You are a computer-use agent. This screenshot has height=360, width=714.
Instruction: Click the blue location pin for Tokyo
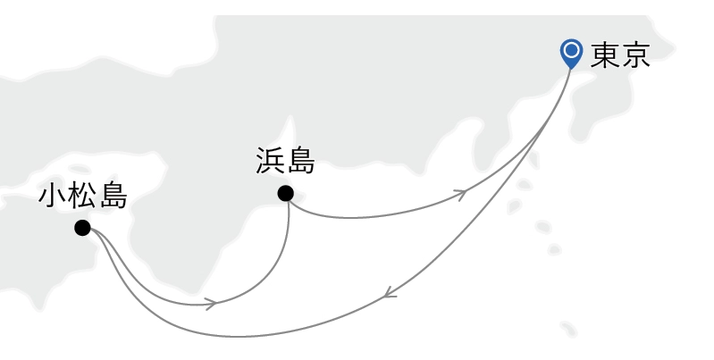click(x=572, y=54)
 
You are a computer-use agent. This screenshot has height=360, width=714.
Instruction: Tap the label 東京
click(x=620, y=55)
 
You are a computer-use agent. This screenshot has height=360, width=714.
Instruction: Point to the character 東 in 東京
click(x=605, y=55)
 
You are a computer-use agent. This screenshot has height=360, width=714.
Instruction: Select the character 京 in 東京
click(x=636, y=55)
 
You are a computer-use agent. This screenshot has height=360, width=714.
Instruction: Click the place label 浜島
click(x=285, y=160)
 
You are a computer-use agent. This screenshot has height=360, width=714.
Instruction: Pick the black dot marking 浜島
click(x=285, y=194)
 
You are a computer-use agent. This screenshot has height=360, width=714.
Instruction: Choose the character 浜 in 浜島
click(x=270, y=160)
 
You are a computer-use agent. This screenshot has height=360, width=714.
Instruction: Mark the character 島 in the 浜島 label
click(x=301, y=160)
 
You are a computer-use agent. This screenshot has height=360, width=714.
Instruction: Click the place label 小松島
click(x=83, y=197)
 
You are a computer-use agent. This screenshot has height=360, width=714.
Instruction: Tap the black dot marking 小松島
click(x=82, y=228)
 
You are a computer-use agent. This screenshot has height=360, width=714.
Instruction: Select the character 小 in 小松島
click(x=53, y=197)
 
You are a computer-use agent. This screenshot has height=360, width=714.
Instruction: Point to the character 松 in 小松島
click(x=83, y=197)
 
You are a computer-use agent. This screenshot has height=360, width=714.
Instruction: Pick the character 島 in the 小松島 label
click(x=113, y=197)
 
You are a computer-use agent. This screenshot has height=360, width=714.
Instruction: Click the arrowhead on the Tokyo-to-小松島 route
click(x=390, y=293)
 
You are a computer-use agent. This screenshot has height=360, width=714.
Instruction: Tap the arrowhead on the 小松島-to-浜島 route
click(x=210, y=303)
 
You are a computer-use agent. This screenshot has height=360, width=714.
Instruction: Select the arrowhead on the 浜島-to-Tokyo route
click(x=461, y=195)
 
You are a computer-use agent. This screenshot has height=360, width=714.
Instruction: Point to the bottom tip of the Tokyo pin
click(x=571, y=69)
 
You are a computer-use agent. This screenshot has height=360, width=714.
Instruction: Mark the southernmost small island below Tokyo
click(x=568, y=329)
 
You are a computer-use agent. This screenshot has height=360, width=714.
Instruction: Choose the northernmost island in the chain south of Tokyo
click(x=533, y=160)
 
